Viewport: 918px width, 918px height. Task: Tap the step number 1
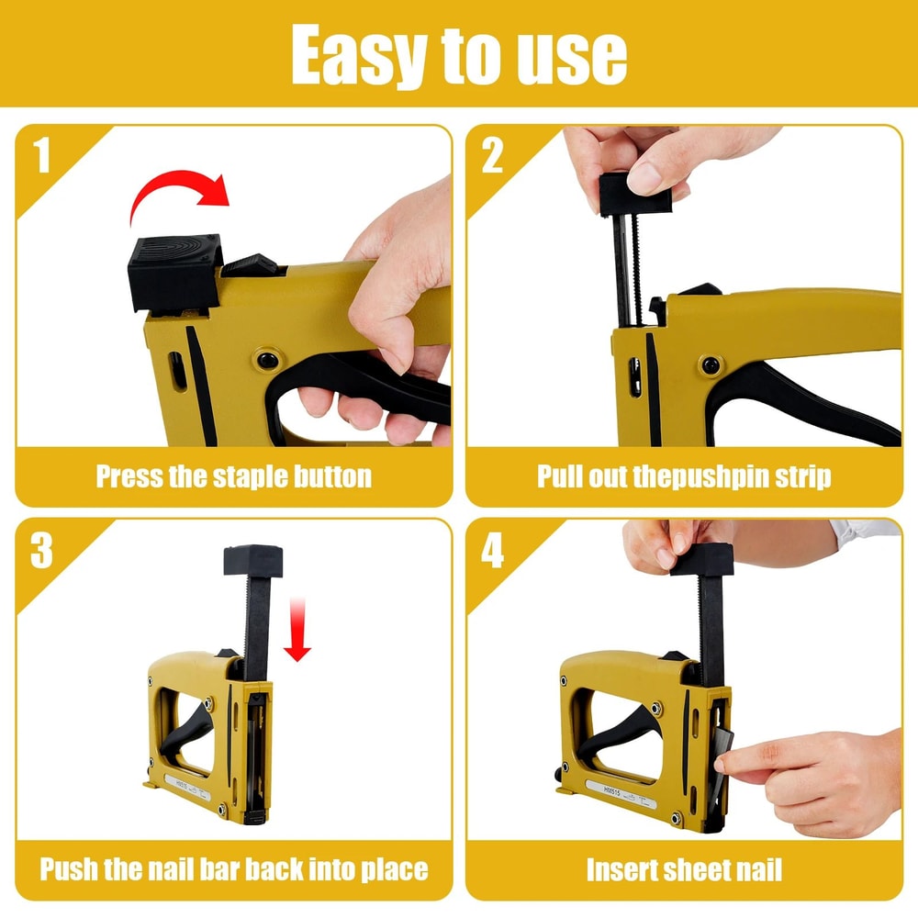click(42, 156)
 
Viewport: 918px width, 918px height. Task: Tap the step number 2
click(493, 156)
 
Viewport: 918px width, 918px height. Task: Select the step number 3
click(42, 550)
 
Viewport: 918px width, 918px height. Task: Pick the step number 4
click(493, 550)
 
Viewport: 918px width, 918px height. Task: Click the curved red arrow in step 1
click(180, 189)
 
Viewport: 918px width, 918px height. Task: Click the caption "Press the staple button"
click(234, 477)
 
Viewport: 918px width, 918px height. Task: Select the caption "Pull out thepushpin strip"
click(684, 477)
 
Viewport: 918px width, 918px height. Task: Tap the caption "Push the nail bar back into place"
click(234, 868)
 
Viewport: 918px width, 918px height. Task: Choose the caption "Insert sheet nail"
click(684, 868)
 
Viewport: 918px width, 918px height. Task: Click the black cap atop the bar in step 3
click(252, 559)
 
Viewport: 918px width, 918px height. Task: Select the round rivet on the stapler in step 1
click(269, 360)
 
